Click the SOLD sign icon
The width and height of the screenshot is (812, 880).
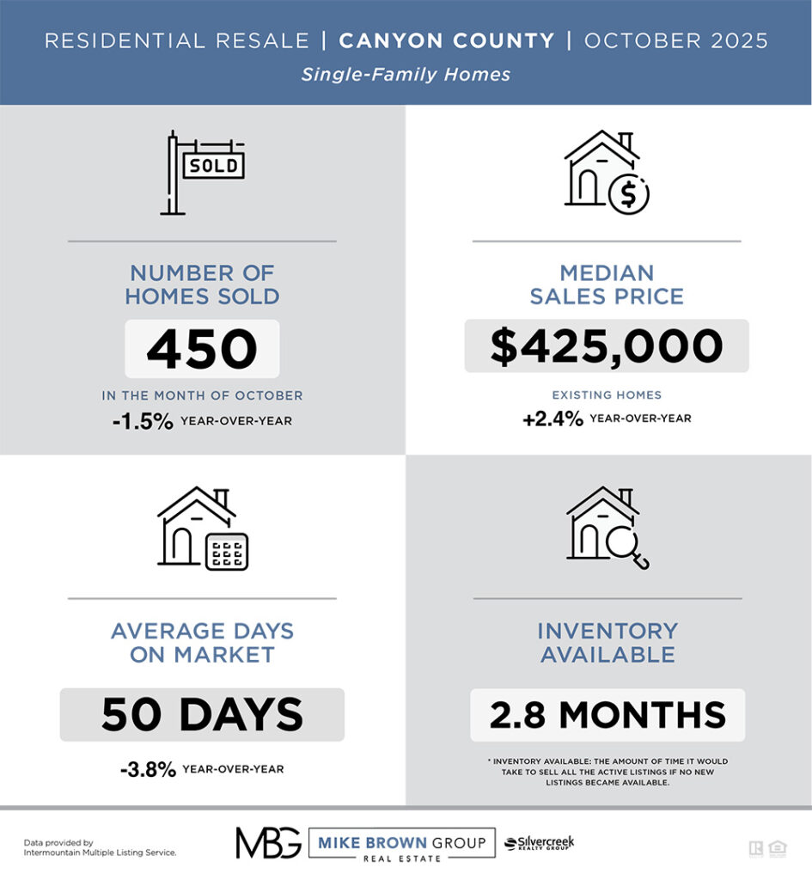(203, 172)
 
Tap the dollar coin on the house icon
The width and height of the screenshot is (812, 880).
(628, 195)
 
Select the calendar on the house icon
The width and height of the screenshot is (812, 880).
(227, 551)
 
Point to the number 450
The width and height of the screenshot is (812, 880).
(202, 349)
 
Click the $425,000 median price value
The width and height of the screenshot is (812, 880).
(607, 346)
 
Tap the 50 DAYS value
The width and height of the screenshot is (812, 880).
(202, 715)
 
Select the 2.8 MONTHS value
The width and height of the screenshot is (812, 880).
(607, 715)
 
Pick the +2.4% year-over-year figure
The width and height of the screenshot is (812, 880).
(553, 419)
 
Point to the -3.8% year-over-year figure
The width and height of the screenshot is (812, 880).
(148, 769)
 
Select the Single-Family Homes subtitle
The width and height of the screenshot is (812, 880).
(406, 75)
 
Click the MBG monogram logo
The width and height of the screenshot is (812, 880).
(268, 843)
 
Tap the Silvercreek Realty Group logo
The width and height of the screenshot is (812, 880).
(539, 843)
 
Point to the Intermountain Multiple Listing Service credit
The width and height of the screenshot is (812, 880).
(100, 852)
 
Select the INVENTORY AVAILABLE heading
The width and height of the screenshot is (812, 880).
(607, 643)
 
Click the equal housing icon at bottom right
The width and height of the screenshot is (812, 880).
(778, 848)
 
